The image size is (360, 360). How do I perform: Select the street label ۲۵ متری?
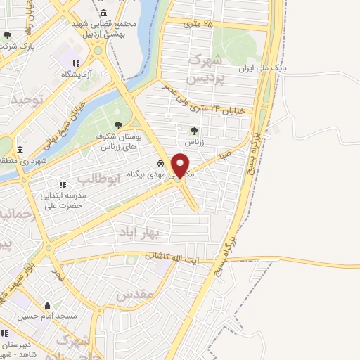198,24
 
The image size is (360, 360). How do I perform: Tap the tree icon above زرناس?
195,131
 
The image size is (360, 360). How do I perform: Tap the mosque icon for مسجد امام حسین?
47,306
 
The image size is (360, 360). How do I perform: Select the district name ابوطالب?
106,179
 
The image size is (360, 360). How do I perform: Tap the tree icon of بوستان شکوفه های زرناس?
117,125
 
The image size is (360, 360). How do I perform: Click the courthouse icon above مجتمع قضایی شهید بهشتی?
104,13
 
